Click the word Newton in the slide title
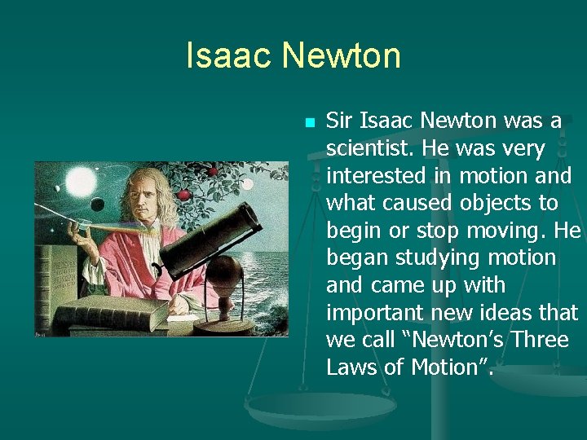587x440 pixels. pos(341,56)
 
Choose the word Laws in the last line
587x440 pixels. pos(351,367)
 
